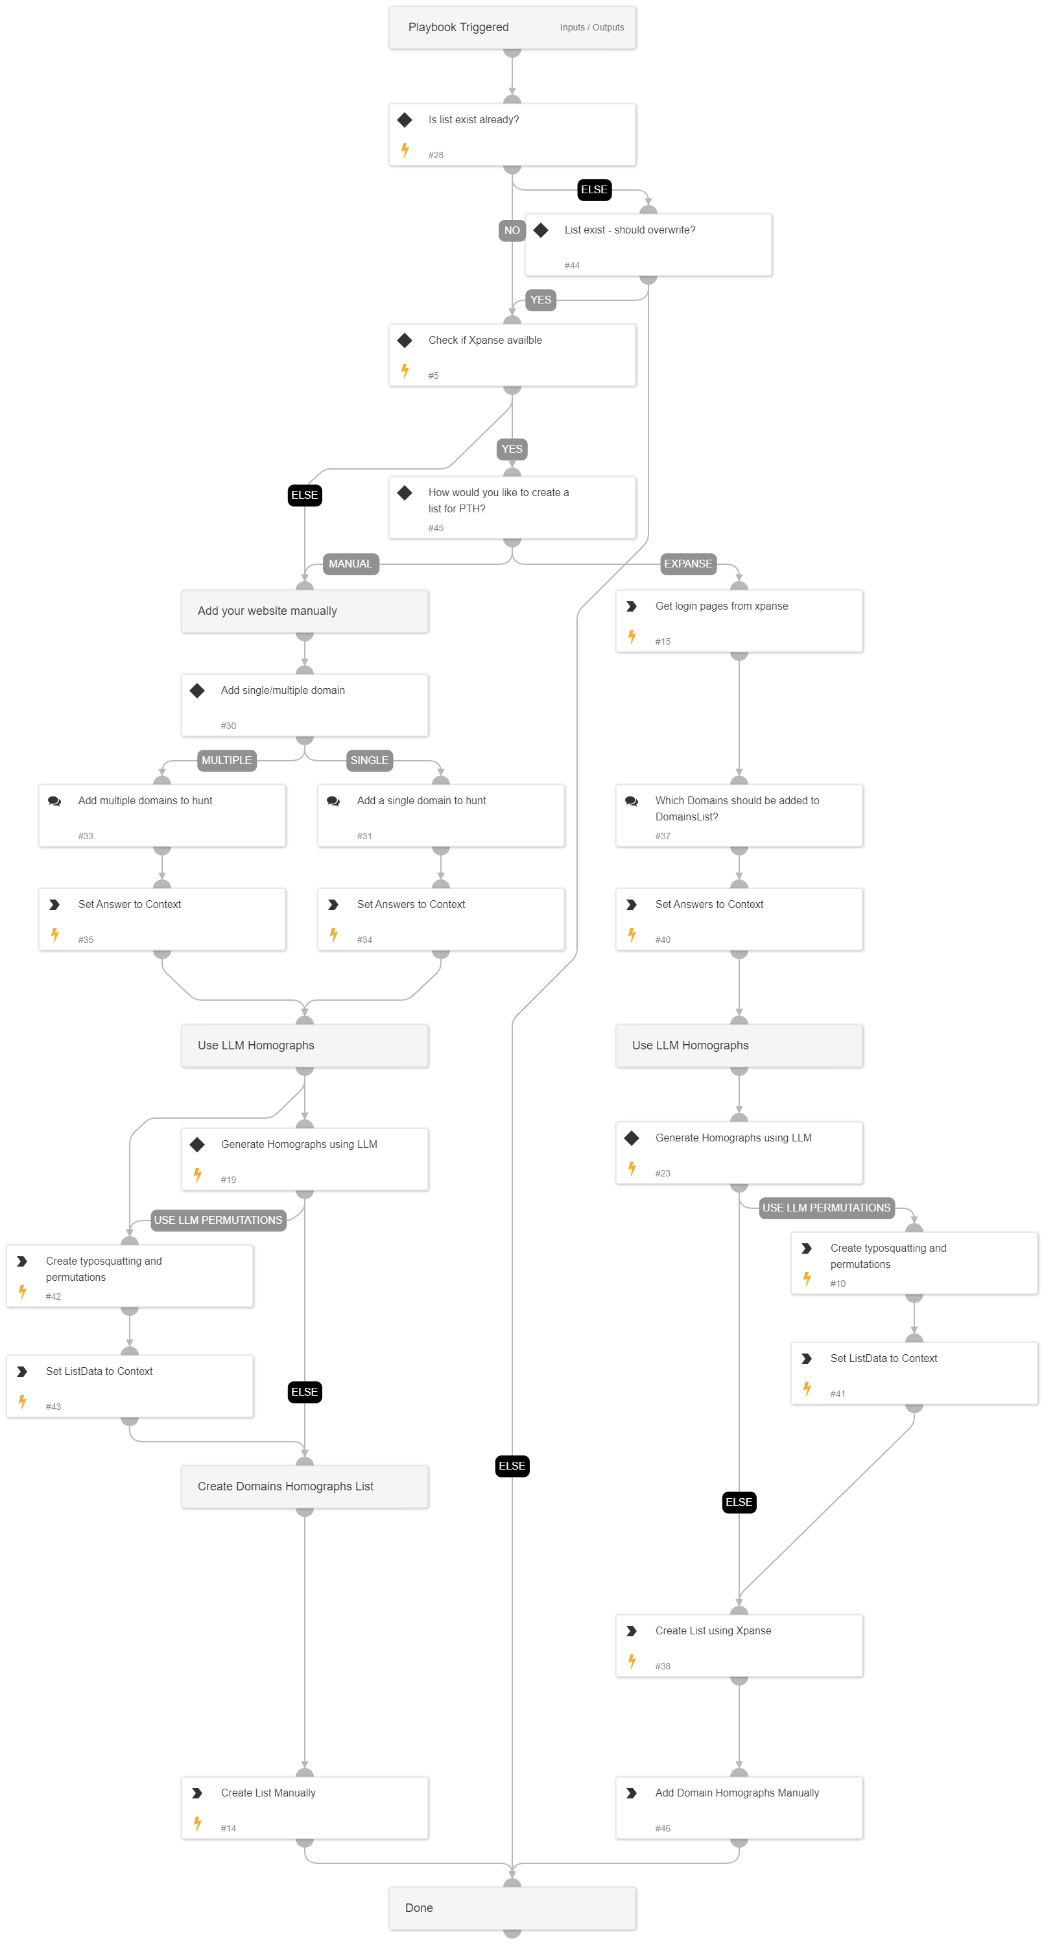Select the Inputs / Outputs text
pyautogui.click(x=591, y=28)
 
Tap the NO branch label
pyautogui.click(x=512, y=230)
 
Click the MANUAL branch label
pyautogui.click(x=350, y=564)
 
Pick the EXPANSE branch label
pyautogui.click(x=688, y=564)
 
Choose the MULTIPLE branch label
pyautogui.click(x=226, y=760)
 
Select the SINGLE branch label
pyautogui.click(x=369, y=760)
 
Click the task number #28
pyautogui.click(x=436, y=156)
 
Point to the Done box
pyautogui.click(x=512, y=1908)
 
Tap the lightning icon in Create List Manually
pyautogui.click(x=198, y=1824)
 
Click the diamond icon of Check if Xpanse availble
pyautogui.click(x=405, y=340)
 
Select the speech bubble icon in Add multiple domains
pyautogui.click(x=54, y=801)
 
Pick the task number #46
pyautogui.click(x=662, y=1829)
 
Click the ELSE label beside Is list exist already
pyautogui.click(x=594, y=189)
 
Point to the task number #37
pyautogui.click(x=662, y=837)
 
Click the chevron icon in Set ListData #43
pyautogui.click(x=23, y=1372)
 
